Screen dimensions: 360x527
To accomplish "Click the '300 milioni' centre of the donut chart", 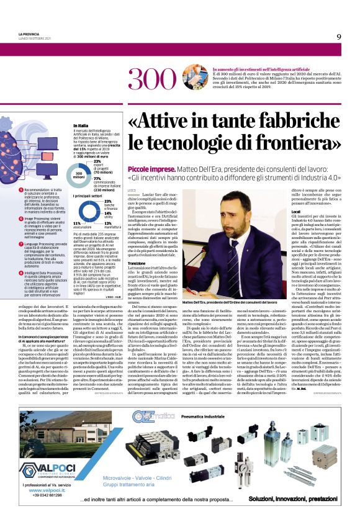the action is pos(79,174).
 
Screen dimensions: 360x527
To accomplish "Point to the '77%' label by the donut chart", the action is pos(97,178).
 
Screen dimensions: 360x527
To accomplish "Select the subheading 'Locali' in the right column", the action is pos(296,212).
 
